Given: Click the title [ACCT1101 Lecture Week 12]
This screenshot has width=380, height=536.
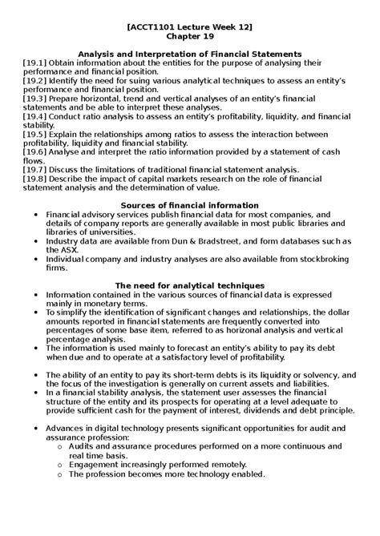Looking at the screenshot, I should [x=189, y=26].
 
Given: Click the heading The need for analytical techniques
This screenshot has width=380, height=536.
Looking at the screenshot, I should [x=189, y=285].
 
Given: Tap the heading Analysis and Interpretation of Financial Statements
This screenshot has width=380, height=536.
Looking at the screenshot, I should [x=189, y=54].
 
